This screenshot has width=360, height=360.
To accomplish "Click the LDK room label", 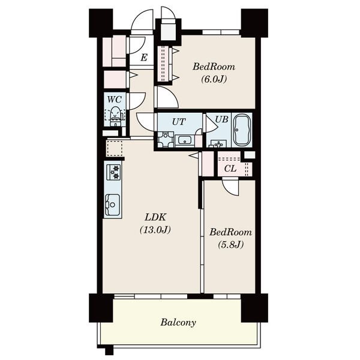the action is (155, 217).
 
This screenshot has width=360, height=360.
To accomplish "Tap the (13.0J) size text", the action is (155, 230).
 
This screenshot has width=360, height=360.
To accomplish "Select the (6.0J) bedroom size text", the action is (214, 79).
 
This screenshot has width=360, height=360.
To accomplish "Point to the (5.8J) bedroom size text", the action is (230, 245).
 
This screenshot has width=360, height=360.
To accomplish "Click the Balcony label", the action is (178, 322).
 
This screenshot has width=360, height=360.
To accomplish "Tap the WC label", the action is (115, 100).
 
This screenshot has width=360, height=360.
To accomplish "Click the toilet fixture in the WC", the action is (115, 116).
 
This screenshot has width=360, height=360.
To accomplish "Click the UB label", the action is (221, 119).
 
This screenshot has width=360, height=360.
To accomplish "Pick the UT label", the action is (179, 122).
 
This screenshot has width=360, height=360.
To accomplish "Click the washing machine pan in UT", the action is (166, 140).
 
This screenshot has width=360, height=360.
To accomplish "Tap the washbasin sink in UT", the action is (185, 140).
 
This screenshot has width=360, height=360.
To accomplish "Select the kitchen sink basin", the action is (113, 205).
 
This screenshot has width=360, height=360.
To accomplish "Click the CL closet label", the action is (230, 169).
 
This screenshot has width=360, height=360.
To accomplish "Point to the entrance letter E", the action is (144, 58).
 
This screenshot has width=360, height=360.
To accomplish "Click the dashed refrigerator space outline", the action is (115, 148).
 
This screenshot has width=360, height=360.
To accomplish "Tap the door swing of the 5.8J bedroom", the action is (230, 188).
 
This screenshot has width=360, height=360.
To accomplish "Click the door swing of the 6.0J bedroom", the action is (168, 97).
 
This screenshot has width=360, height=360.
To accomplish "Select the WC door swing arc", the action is (138, 101).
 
